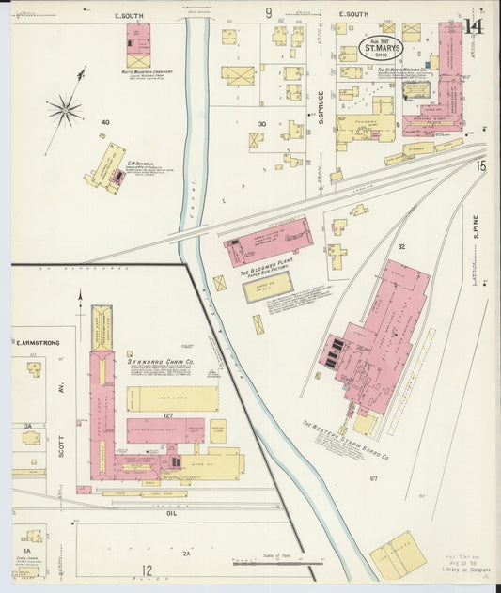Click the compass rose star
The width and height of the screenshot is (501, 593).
[x=65, y=110]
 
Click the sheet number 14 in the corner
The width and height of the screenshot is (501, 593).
[x=475, y=25]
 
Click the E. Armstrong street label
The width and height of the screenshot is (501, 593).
[x=37, y=343]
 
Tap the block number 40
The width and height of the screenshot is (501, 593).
[x=105, y=122]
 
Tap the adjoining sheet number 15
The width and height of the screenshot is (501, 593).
[x=482, y=166]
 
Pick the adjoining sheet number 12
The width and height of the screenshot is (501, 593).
[x=147, y=570]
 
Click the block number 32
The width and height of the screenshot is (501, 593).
[x=400, y=246]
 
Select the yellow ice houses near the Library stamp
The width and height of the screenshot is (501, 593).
[x=398, y=554]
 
